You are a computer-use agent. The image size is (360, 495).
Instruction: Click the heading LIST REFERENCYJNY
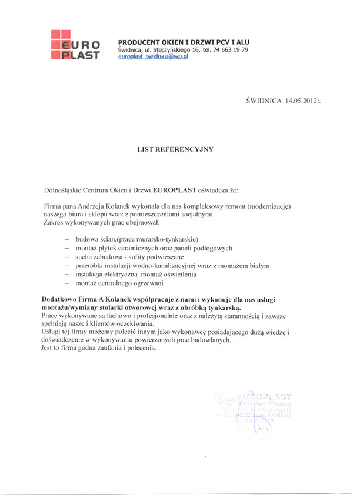click(175, 149)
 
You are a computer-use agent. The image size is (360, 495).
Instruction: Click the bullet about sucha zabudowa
click(142, 257)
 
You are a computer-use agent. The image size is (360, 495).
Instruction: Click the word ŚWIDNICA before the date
click(264, 102)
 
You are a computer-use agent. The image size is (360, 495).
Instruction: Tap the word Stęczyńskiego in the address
click(180, 51)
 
